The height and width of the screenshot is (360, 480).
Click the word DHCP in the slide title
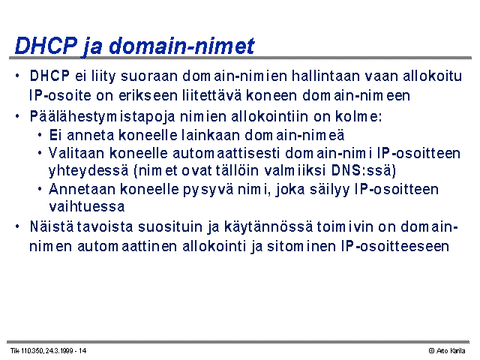[46, 46]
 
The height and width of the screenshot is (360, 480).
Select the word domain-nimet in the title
[181, 46]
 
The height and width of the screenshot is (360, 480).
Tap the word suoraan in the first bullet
[149, 76]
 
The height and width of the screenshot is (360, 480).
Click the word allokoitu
[432, 76]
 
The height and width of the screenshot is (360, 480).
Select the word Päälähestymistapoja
[102, 117]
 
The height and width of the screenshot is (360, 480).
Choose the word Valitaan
[76, 153]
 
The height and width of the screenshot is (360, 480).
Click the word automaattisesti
[226, 153]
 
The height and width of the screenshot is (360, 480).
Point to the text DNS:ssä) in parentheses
[363, 170]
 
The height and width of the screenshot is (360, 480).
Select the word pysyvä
[208, 190]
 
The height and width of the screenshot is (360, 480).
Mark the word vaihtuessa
[87, 206]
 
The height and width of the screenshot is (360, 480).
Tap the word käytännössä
[268, 227]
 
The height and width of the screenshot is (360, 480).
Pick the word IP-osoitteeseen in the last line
[395, 246]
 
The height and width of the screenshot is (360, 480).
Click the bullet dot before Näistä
[17, 226]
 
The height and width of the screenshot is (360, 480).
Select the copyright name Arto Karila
[450, 350]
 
